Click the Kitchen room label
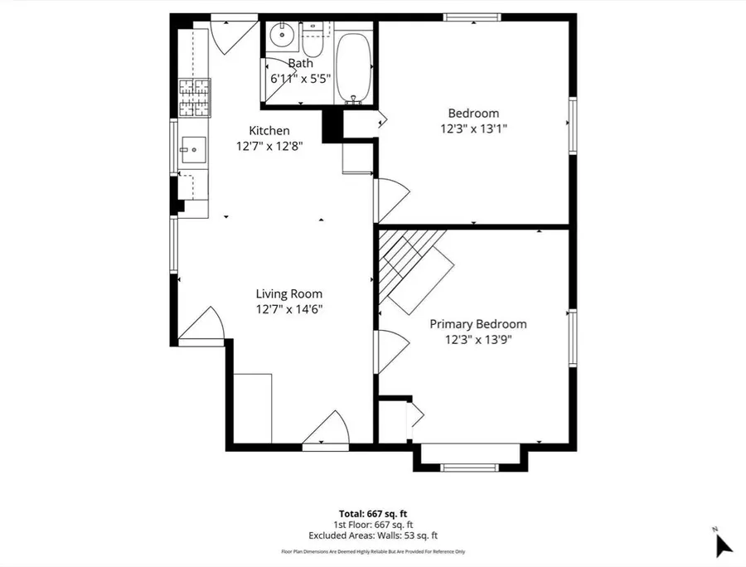click(x=269, y=130)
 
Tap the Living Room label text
click(x=289, y=294)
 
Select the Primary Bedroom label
click(x=478, y=324)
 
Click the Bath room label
click(x=301, y=63)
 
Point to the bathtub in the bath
click(x=353, y=68)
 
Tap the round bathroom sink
click(x=282, y=35)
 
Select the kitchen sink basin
click(x=192, y=150)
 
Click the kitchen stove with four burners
click(x=195, y=98)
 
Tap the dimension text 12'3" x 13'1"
click(x=474, y=129)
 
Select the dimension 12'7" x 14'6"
click(x=289, y=310)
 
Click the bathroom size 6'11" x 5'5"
click(x=300, y=79)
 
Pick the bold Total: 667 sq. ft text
click(x=373, y=514)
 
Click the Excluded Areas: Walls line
click(x=373, y=535)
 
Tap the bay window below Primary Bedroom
click(x=470, y=458)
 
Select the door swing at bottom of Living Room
click(x=327, y=430)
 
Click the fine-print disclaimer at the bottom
click(x=373, y=552)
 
